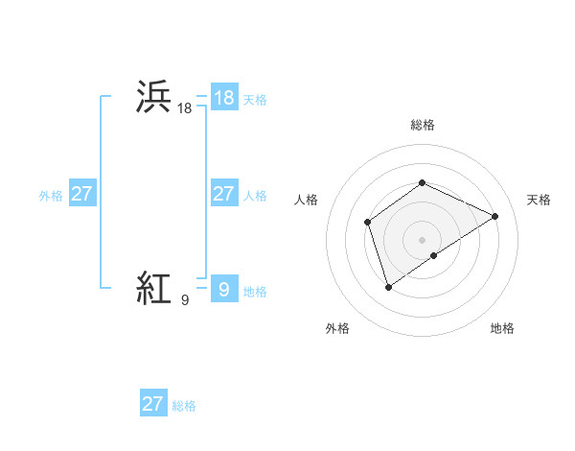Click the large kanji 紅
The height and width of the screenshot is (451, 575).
154,287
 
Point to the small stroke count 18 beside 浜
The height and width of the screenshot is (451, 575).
185,109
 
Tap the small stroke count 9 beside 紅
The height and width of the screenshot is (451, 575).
184,300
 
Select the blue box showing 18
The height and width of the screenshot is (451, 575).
223,98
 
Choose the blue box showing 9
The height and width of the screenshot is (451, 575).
223,288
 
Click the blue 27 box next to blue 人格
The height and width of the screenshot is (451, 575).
223,194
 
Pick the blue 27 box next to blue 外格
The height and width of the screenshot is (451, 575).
81,194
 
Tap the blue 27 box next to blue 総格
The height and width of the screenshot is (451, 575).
153,404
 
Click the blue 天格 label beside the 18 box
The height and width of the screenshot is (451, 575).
255,100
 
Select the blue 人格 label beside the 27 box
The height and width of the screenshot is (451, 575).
255,196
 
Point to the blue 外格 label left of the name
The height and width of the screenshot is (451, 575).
51,196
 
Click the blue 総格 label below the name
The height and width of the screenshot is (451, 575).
184,406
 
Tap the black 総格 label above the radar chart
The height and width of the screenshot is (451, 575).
422,125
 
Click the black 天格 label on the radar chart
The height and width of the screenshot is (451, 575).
540,200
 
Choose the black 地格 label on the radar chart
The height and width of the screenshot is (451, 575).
502,329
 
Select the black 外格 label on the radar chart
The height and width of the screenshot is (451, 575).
337,329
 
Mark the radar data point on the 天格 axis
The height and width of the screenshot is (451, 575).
494,216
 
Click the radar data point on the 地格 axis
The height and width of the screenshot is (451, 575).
434,255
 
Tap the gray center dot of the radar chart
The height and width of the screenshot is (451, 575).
422,239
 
